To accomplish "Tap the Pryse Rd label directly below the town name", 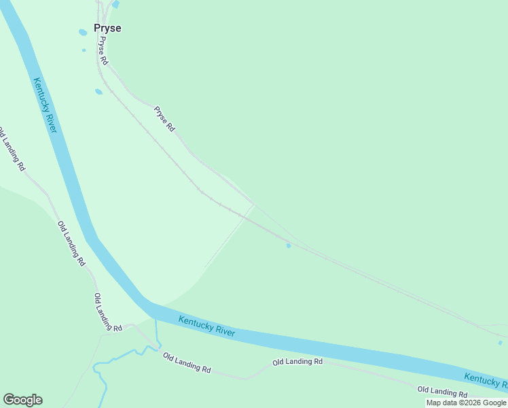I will click(103, 51).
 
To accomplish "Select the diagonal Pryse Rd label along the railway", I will click(164, 119).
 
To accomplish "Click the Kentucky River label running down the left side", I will click(46, 105).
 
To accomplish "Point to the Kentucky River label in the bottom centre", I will click(206, 326).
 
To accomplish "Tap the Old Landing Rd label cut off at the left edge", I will click(12, 148).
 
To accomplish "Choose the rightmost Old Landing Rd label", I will click(442, 391).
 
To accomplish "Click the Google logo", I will click(22, 399).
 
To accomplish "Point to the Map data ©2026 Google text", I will click(466, 403).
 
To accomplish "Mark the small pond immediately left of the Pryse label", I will click(83, 32).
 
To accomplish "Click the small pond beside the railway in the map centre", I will click(289, 245).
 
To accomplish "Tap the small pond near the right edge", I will click(500, 343).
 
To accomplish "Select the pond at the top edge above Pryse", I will click(115, 4).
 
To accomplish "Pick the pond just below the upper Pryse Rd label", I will click(98, 92).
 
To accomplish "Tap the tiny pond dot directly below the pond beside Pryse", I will click(84, 50).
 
